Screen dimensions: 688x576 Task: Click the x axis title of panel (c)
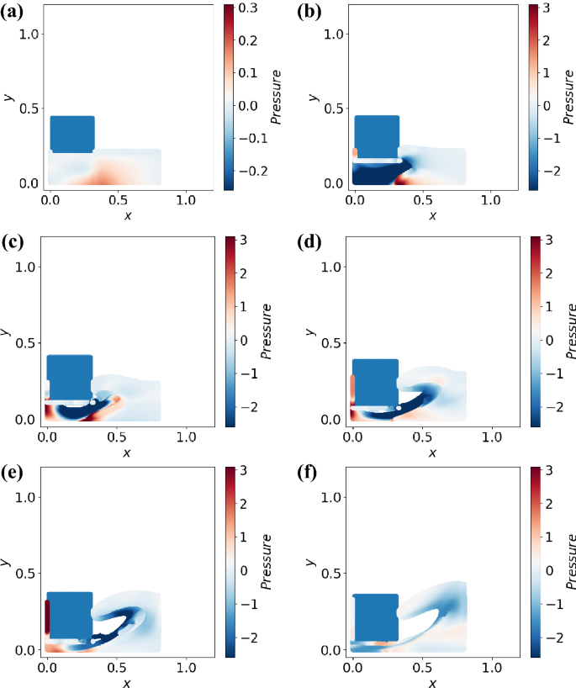tap(127, 452)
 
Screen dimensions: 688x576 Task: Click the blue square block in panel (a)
tap(72, 134)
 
